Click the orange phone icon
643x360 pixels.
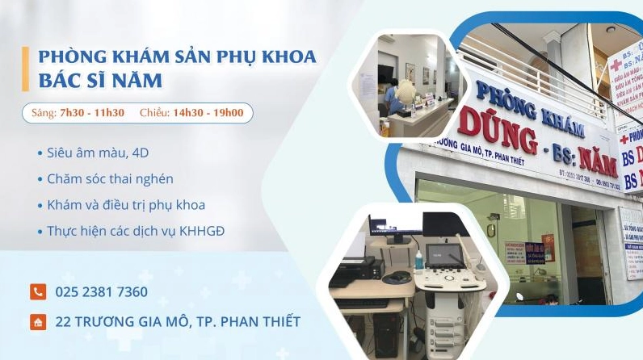[37, 292]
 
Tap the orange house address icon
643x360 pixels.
[37, 322]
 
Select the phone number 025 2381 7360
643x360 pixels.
[102, 292]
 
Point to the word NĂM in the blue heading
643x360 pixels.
[139, 81]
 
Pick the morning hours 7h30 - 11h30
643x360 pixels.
[92, 113]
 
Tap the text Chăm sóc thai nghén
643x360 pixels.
[110, 178]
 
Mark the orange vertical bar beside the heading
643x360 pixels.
[26, 69]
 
